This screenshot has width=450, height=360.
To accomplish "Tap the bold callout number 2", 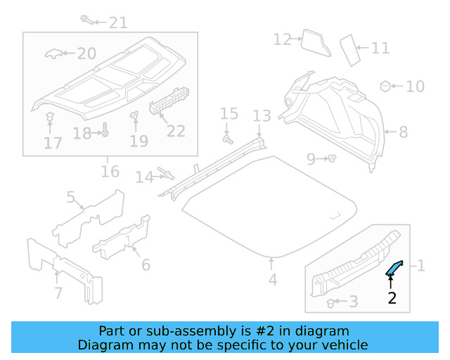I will coord(392,298).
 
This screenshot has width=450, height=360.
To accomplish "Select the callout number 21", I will coord(118,22).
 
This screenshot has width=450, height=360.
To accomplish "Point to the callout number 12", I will coord(282,39).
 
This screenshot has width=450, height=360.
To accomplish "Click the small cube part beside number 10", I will coord(385,86).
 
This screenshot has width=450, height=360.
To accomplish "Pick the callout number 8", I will coord(403,131).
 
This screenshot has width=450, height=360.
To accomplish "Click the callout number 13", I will coord(262,115).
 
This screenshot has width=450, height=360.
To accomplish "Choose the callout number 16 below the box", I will coord(110,172).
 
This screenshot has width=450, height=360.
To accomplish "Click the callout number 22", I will coord(175,131).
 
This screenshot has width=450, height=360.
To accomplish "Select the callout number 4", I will coord(273,280).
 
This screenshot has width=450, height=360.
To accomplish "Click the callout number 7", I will coord(58,292).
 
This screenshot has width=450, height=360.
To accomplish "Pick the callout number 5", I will coord(71,198).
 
